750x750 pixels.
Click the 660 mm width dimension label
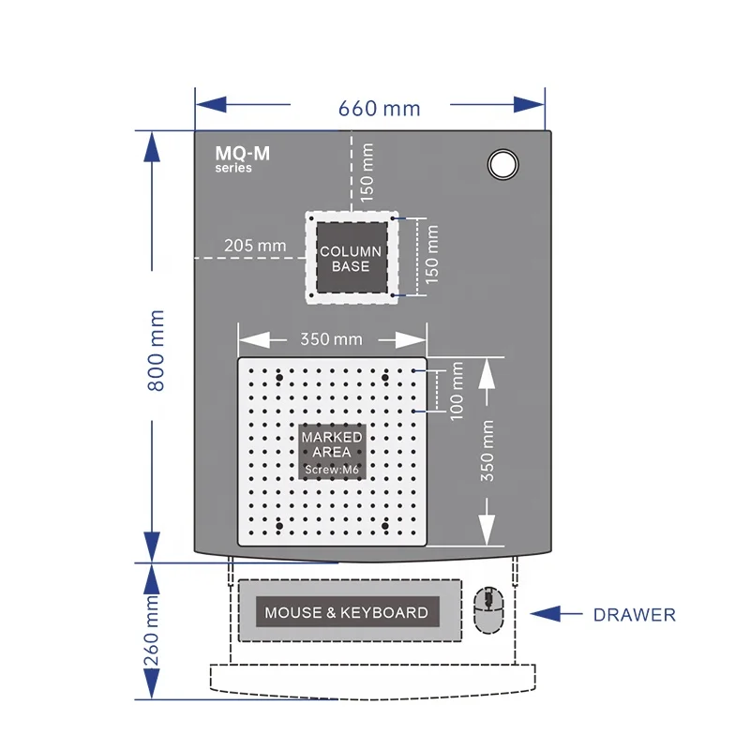click(x=380, y=109)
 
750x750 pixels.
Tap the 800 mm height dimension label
click(x=156, y=351)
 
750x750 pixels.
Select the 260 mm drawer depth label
click(x=151, y=630)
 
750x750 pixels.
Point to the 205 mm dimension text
click(x=255, y=246)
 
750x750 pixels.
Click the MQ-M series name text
click(x=243, y=158)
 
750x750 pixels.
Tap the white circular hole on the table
click(x=502, y=164)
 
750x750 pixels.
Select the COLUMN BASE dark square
click(x=352, y=258)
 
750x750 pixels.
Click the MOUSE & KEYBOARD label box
click(x=347, y=612)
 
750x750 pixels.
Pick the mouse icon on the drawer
click(x=488, y=610)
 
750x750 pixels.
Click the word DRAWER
click(x=635, y=615)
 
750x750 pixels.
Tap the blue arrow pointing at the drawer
click(x=556, y=614)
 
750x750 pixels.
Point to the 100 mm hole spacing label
click(x=457, y=391)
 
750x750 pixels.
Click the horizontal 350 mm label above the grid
click(x=331, y=339)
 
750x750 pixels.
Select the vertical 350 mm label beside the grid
click(x=487, y=451)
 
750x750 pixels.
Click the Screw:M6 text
click(x=332, y=470)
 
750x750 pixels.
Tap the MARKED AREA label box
click(x=332, y=452)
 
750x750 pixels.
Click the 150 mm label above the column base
click(x=367, y=172)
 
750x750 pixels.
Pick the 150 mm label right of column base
click(x=431, y=254)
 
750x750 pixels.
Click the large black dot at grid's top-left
click(x=279, y=378)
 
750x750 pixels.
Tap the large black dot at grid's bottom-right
click(x=385, y=526)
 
